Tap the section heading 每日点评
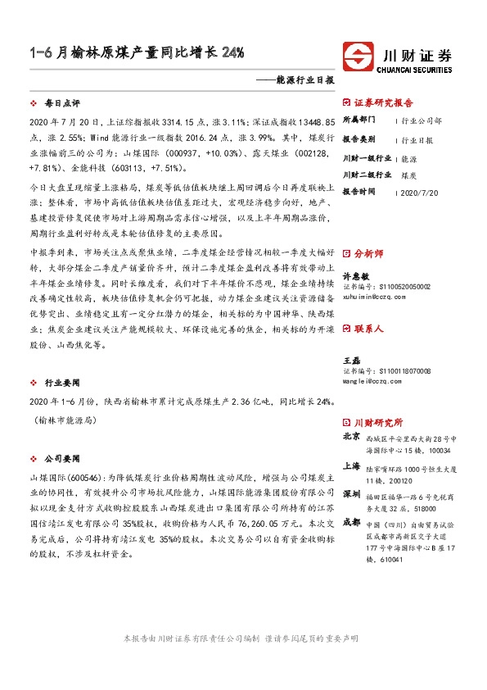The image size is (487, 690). pyautogui.click(x=61, y=105)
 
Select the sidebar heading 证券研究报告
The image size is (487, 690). pyautogui.click(x=384, y=103)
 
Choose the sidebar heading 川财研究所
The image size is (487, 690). pyautogui.click(x=378, y=423)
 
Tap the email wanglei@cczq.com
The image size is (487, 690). pyautogui.click(x=373, y=358)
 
